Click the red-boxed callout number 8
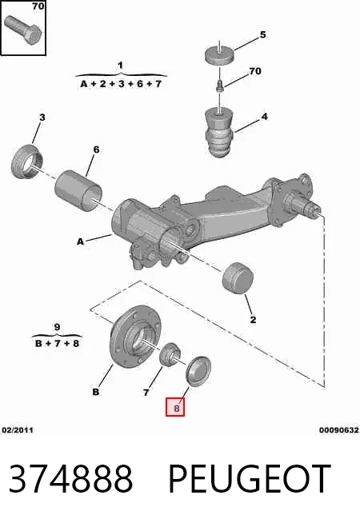(x=176, y=408)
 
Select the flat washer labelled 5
(x=219, y=55)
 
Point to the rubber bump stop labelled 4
(x=219, y=133)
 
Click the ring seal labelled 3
(x=27, y=162)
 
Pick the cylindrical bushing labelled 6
(x=78, y=191)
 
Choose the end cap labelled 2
(x=238, y=278)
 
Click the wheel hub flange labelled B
(x=135, y=337)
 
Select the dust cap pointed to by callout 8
(x=198, y=371)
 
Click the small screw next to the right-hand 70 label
(x=219, y=85)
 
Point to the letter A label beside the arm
(x=80, y=242)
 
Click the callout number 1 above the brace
(x=120, y=66)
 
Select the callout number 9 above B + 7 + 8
(x=57, y=327)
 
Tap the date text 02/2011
(x=18, y=430)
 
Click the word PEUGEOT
(x=250, y=478)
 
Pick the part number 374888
(x=70, y=478)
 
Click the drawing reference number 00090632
(x=339, y=430)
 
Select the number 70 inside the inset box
(x=38, y=6)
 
